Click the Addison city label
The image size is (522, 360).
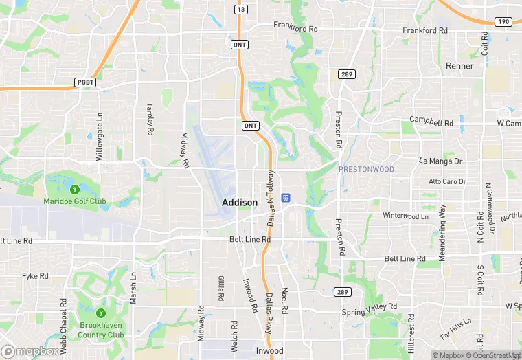(x=240, y=203)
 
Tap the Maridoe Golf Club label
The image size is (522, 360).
(x=75, y=201)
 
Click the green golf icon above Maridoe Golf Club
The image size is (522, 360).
(x=74, y=189)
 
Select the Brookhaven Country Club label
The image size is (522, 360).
(x=101, y=330)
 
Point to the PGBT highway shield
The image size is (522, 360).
(x=83, y=82)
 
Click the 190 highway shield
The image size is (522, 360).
(x=503, y=22)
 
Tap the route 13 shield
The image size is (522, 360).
(x=240, y=9)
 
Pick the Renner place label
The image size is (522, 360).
(x=459, y=66)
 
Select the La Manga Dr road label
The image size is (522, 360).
(x=442, y=160)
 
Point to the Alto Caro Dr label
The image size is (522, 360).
(x=447, y=181)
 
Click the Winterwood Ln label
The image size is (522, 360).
(x=405, y=216)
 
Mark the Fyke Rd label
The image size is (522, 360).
(x=35, y=275)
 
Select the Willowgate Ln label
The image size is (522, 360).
(x=100, y=137)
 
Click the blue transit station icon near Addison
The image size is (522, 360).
(x=286, y=198)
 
